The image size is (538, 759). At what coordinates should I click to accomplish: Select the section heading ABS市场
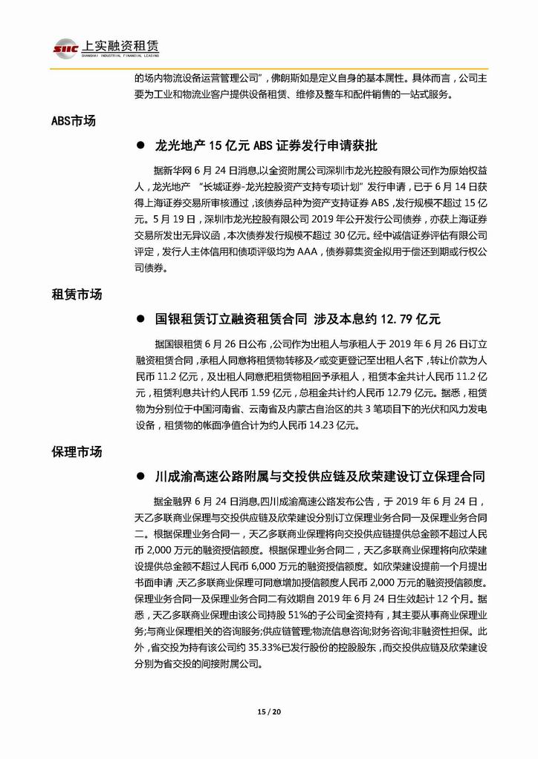tap(74, 120)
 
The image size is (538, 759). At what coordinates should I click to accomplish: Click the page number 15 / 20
tap(268, 712)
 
